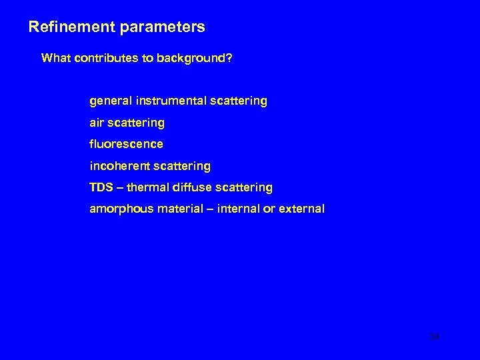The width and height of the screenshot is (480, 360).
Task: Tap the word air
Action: click(x=97, y=123)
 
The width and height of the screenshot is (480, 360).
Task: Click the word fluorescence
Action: click(x=126, y=144)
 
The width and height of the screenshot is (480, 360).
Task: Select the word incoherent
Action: click(x=121, y=165)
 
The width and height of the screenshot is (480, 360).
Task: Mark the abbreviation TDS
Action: click(x=102, y=187)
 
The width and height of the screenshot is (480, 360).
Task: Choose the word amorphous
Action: click(x=121, y=209)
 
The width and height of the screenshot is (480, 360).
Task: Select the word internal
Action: click(x=241, y=209)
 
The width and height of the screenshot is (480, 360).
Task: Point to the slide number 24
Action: click(x=435, y=337)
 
